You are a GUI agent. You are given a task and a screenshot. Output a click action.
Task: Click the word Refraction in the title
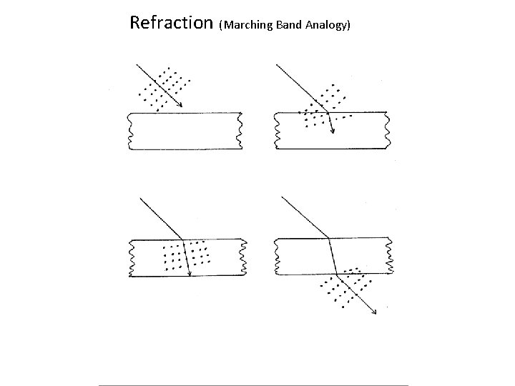(x=172, y=22)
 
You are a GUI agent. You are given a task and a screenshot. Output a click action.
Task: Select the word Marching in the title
(x=249, y=25)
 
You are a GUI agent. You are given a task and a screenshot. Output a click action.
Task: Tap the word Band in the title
(x=289, y=25)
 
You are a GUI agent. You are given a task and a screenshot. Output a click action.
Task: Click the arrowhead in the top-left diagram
(x=180, y=106)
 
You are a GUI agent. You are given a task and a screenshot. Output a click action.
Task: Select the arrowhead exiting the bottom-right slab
(x=376, y=312)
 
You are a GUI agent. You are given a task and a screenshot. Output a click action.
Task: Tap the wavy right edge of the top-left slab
(x=240, y=132)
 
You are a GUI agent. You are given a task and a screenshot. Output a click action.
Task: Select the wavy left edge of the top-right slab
(x=275, y=132)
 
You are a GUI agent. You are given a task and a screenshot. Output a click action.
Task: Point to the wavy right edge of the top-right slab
(x=388, y=132)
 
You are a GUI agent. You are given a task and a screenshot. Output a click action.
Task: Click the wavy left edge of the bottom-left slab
(x=130, y=257)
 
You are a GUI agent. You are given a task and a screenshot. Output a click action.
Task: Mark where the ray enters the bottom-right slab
(x=328, y=238)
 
